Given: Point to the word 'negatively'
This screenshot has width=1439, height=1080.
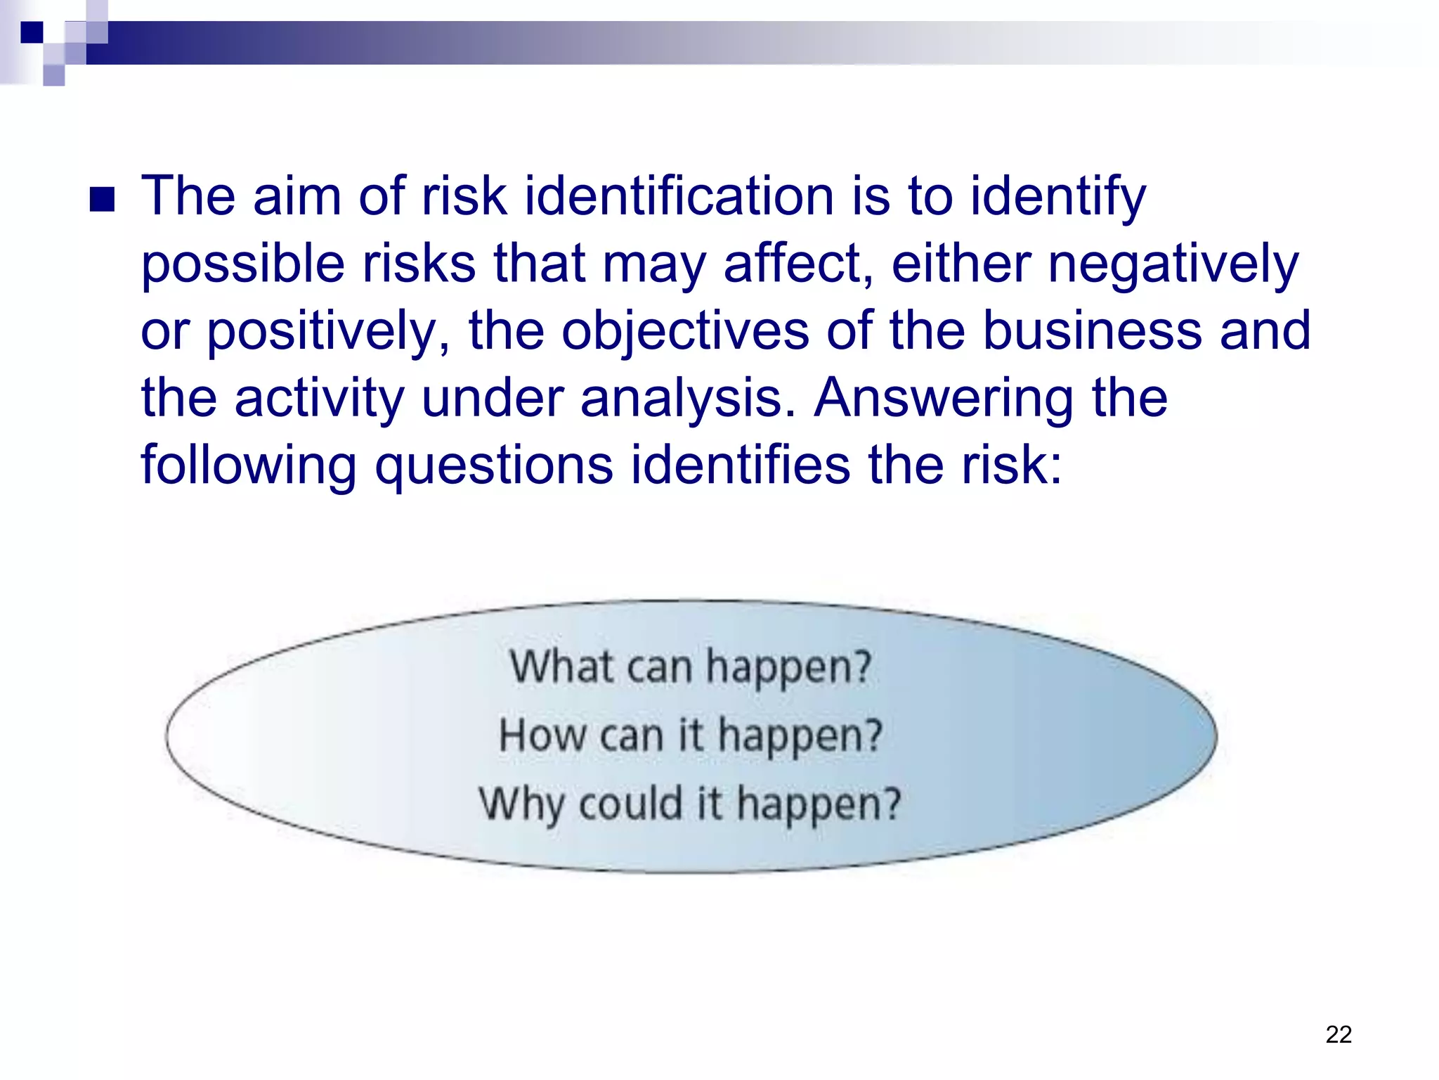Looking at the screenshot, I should tap(1173, 264).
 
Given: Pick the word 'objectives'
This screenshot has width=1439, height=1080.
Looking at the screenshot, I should tap(685, 330).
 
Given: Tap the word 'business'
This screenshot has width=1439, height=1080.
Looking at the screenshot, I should tap(1092, 330).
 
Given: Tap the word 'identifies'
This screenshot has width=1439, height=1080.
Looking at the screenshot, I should tap(739, 465).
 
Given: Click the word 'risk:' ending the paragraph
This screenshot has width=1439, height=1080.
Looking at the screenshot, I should tap(1012, 465).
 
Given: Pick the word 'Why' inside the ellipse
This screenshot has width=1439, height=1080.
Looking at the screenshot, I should tap(521, 804).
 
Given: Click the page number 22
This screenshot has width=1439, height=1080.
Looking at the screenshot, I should tap(1338, 1034).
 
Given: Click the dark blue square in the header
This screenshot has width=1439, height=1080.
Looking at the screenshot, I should tap(32, 32).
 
